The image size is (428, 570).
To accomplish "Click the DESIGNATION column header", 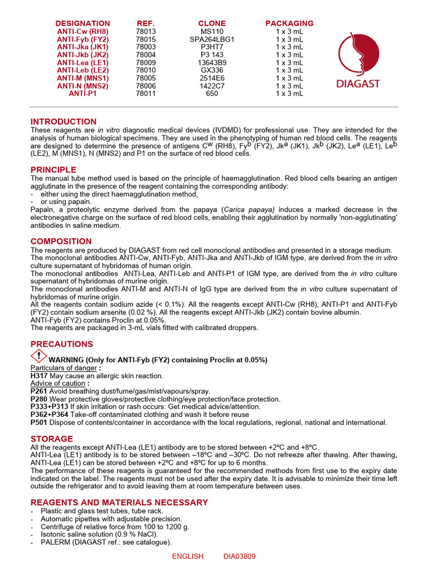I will (x=83, y=23).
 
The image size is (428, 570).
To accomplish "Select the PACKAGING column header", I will (x=289, y=23).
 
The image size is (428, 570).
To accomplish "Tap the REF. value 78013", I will (x=146, y=32).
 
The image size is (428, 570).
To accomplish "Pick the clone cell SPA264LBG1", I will (x=212, y=40).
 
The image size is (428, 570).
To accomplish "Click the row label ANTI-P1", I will (x=83, y=94).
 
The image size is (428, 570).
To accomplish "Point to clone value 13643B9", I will (x=212, y=63).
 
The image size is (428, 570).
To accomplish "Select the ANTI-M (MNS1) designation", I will (x=83, y=78).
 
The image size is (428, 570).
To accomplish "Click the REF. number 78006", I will (x=146, y=86).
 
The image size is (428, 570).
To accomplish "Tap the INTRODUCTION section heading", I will (x=64, y=121).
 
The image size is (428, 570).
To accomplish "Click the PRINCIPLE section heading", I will (x=53, y=169).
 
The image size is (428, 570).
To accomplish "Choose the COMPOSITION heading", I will (x=61, y=241).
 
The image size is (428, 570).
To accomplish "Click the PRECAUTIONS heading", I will (x=62, y=344).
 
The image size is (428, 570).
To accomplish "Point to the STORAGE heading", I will (x=52, y=439).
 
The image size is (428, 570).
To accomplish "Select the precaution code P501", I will (x=39, y=422).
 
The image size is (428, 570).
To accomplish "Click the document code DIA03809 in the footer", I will (x=240, y=556).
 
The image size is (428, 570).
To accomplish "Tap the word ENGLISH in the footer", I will (x=188, y=556).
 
